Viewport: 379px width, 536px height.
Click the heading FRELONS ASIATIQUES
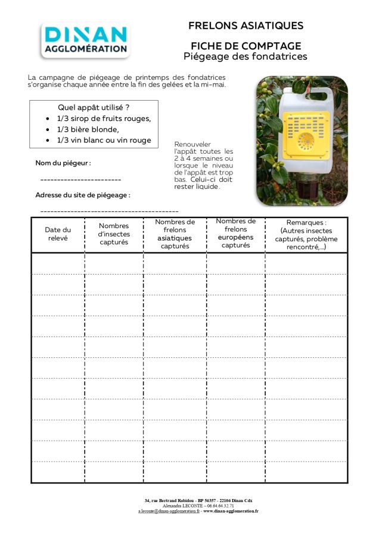pyautogui.click(x=246, y=26)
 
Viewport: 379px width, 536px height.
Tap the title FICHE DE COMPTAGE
pyautogui.click(x=246, y=46)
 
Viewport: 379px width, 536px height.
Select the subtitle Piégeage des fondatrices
pyautogui.click(x=246, y=57)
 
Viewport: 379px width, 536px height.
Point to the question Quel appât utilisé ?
pyautogui.click(x=94, y=107)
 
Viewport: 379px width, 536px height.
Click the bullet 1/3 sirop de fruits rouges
pyautogui.click(x=104, y=118)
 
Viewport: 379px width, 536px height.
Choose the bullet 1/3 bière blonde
pyautogui.click(x=88, y=129)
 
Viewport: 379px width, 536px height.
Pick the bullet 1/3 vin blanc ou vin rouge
pyautogui.click(x=104, y=141)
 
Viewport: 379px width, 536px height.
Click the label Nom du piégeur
pyautogui.click(x=63, y=163)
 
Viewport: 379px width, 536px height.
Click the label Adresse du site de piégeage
pyautogui.click(x=82, y=195)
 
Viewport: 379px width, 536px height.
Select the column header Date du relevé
pyautogui.click(x=58, y=234)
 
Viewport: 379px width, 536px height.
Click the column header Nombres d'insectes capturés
pyautogui.click(x=114, y=234)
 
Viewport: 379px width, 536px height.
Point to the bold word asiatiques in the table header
pyautogui.click(x=175, y=238)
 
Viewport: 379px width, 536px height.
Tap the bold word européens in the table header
pyautogui.click(x=236, y=237)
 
